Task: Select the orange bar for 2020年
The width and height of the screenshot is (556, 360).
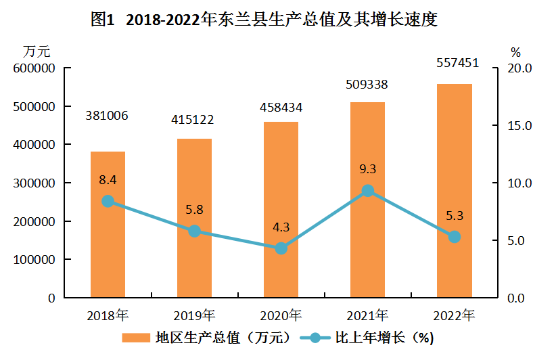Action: point(281,210)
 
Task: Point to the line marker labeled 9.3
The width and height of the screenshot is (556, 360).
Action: point(368,191)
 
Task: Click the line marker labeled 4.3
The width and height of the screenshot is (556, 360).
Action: point(281,248)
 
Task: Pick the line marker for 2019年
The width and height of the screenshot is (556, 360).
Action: point(195,231)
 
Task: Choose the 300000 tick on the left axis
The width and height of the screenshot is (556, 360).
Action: point(33,183)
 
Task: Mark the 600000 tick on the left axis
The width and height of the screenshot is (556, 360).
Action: point(33,68)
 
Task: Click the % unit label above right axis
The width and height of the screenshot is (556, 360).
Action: point(515,51)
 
